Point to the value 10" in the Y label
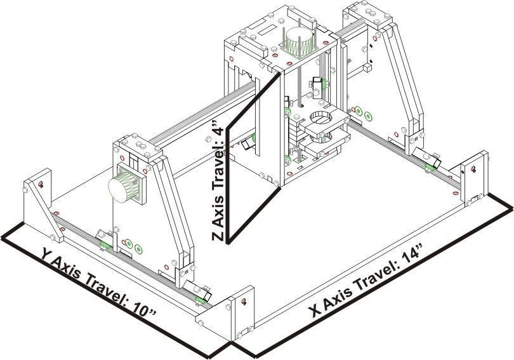point(143,309)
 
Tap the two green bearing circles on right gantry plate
point(363,113)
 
